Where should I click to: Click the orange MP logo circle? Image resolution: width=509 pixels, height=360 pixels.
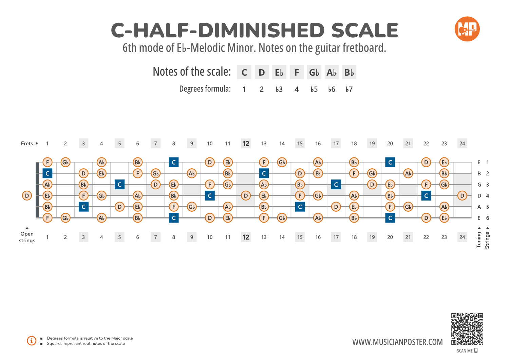coord(467,29)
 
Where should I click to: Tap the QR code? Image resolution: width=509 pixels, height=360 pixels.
coord(467,329)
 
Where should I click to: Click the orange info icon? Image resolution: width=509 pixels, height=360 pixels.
coord(32,341)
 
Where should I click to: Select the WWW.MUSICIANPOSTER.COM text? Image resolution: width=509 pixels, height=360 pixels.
coord(397,342)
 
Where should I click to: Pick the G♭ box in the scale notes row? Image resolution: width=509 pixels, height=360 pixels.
coord(314,73)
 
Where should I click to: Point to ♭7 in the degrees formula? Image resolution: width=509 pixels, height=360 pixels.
coord(349,89)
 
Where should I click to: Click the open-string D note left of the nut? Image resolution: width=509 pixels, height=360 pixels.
coord(27,196)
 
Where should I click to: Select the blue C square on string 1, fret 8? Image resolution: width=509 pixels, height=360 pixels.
coord(174,162)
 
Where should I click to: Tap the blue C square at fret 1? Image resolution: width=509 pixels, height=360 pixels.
coord(48,173)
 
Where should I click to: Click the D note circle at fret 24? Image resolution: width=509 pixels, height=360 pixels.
coord(462,196)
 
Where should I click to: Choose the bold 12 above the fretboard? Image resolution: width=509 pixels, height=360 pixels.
coord(246,144)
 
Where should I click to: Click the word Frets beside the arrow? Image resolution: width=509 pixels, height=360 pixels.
coord(27,144)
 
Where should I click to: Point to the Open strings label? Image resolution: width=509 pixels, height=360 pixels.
coord(27,237)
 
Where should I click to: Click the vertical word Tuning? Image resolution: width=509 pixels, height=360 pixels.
coord(479,240)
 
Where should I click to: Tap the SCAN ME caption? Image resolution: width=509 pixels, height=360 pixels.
coord(465,351)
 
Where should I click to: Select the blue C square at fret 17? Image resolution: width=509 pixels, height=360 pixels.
coord(336,185)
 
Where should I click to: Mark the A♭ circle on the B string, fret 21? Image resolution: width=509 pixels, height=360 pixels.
coord(408,173)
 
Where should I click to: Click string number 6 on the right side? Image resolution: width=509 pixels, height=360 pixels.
coord(488,218)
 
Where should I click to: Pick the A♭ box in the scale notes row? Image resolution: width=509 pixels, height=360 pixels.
coord(332,73)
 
